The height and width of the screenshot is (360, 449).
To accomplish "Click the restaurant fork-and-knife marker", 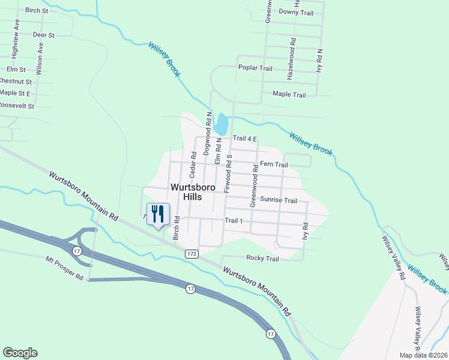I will pos(158,214).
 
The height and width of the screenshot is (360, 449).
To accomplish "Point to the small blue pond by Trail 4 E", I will pos(221,124).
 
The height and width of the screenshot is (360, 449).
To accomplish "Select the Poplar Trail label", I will pos(255,68).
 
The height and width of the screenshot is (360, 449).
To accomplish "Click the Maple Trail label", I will pos(289,94).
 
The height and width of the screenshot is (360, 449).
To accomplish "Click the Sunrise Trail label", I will pos(279,200).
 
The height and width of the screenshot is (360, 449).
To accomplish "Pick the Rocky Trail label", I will pos(262,259).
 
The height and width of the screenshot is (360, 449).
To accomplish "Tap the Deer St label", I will pos(43,35).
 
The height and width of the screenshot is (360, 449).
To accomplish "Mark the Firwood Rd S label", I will pos(228,173).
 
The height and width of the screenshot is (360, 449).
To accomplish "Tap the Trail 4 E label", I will pos(245,139).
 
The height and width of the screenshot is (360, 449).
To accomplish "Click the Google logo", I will pos(20,352).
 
